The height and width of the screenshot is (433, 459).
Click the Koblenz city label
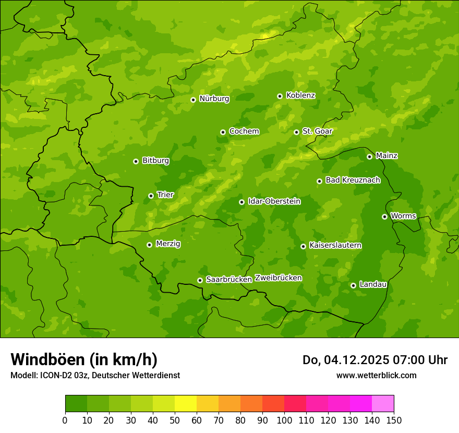tap(300, 95)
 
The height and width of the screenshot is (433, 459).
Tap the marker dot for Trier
tap(151, 196)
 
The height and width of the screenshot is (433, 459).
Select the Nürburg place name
tap(214, 99)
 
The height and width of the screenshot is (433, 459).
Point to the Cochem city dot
tap(223, 132)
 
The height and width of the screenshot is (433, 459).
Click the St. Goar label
tap(317, 131)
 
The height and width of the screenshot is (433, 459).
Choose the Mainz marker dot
tap(370, 157)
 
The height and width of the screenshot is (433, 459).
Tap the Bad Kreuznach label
tap(353, 180)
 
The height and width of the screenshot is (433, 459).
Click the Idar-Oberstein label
tap(274, 201)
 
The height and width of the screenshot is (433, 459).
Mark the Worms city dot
tap(385, 216)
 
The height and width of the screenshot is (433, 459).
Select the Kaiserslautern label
tap(335, 245)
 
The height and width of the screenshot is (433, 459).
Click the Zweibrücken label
tap(278, 278)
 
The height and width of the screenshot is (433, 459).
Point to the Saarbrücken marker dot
tap(200, 280)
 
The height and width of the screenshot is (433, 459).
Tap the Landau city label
tap(373, 284)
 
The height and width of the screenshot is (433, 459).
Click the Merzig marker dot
tap(150, 245)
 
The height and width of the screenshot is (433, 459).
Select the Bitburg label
tap(155, 160)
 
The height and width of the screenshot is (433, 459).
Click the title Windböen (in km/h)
tap(84, 359)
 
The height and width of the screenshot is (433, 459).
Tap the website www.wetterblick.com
tap(376, 375)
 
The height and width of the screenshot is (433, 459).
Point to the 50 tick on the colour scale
tap(175, 420)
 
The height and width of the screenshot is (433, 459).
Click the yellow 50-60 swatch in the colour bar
tap(186, 404)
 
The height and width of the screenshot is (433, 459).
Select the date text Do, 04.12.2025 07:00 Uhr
tap(375, 360)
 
